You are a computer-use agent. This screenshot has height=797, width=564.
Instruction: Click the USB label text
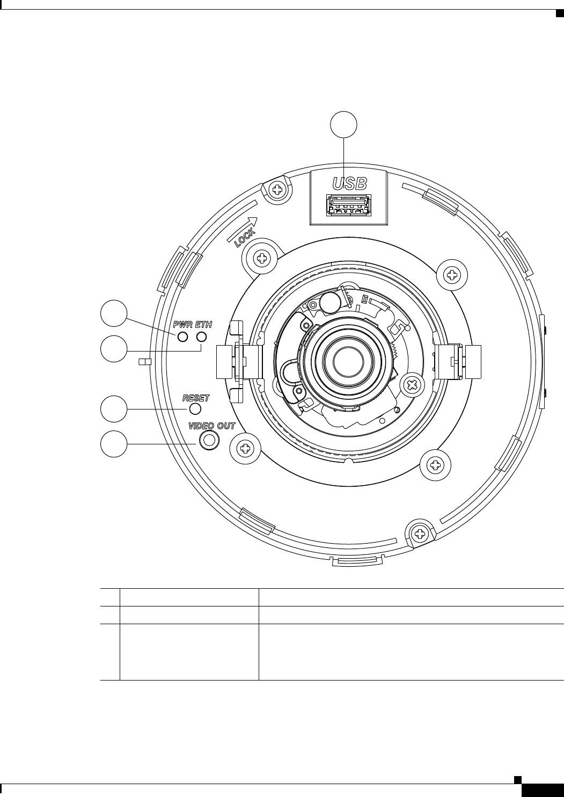click(x=349, y=184)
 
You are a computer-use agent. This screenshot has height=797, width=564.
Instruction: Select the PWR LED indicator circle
click(x=182, y=337)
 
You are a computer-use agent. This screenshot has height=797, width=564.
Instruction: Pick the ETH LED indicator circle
click(x=202, y=337)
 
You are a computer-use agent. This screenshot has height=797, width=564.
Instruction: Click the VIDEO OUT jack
click(x=209, y=440)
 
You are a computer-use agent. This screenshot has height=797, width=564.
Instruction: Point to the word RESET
click(x=196, y=398)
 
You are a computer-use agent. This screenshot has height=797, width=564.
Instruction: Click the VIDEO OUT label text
click(x=212, y=426)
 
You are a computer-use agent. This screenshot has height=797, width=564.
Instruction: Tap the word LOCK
click(x=245, y=238)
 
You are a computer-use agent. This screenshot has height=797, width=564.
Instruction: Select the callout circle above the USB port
click(x=344, y=125)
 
